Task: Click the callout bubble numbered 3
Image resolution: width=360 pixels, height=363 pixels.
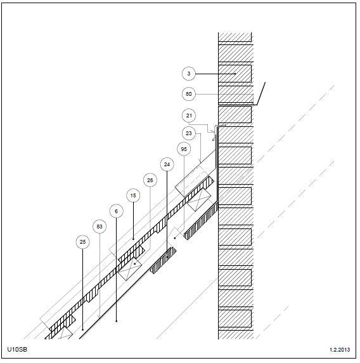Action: point(189,74)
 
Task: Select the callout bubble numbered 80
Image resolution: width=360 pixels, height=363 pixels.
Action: point(189,94)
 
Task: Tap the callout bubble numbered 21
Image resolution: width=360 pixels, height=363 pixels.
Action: point(189,115)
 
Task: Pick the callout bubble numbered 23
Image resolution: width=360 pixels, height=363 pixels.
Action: point(189,133)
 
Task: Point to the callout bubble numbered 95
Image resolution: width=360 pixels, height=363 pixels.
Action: point(184,149)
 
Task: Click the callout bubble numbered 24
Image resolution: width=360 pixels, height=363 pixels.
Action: point(167,164)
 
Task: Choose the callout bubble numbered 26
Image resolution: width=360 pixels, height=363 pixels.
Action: point(150,180)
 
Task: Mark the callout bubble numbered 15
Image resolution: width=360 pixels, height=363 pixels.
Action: point(133,195)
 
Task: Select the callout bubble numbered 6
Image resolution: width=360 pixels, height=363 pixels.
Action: point(116,211)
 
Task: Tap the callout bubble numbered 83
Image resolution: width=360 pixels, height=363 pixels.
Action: point(100,227)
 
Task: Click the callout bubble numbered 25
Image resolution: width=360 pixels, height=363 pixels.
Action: point(82,242)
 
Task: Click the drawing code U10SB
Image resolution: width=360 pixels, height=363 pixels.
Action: point(17,349)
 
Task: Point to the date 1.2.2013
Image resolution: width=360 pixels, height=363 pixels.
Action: point(340,350)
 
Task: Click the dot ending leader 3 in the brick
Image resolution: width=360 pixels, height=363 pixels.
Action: point(235,74)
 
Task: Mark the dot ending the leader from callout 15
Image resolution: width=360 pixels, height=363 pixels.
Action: point(133,239)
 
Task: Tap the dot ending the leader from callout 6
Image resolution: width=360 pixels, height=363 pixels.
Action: point(116,321)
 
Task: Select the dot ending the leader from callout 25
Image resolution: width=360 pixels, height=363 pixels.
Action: point(82,329)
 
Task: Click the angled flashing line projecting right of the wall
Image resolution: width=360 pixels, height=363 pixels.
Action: point(261,93)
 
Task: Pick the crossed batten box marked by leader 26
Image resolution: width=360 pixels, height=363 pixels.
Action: point(129,269)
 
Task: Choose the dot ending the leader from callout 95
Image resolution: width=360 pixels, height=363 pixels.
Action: point(175,238)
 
